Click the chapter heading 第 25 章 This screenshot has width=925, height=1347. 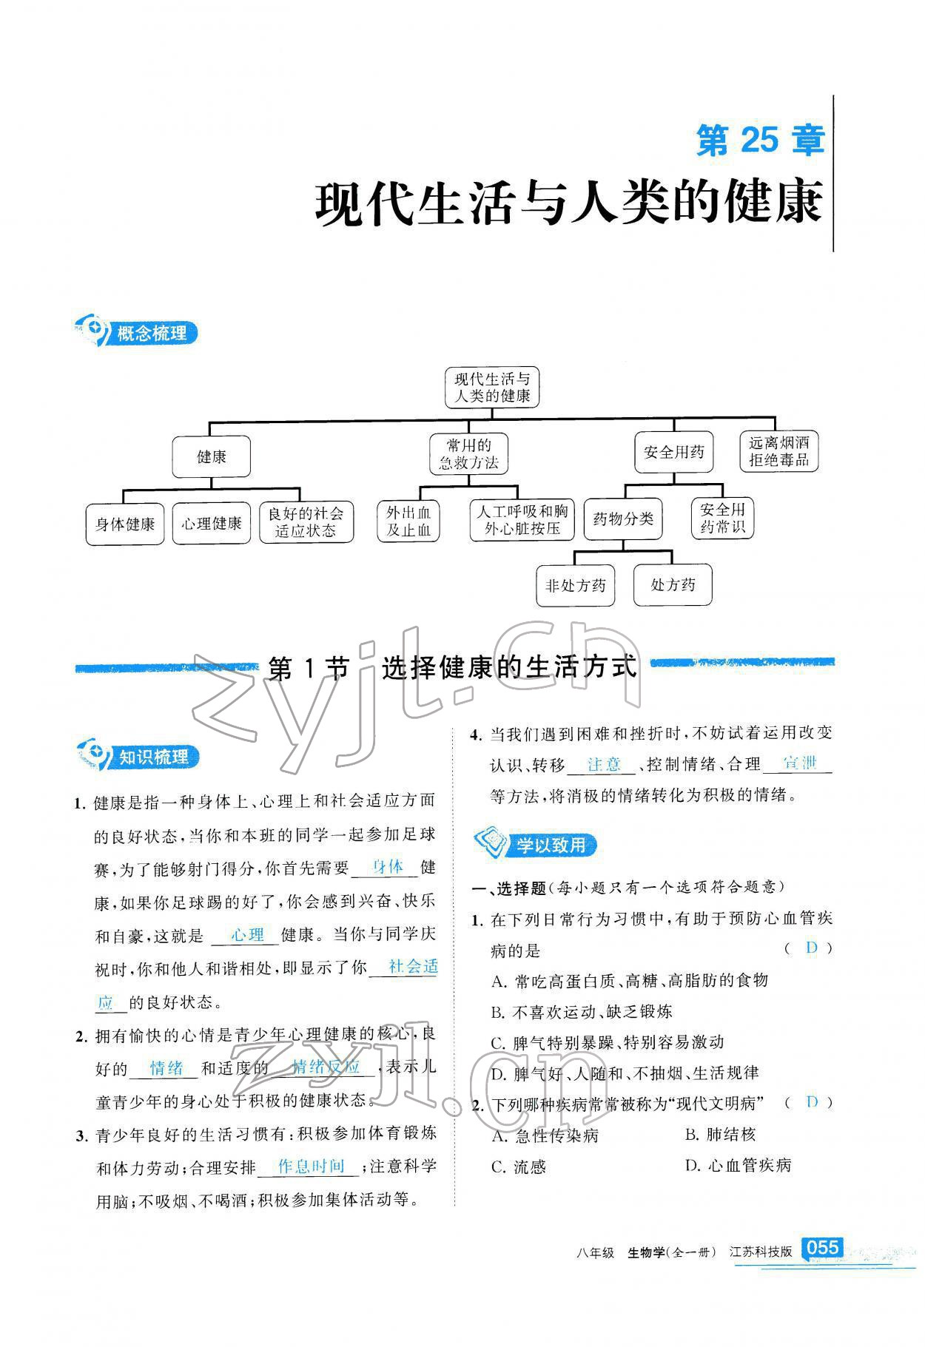760,140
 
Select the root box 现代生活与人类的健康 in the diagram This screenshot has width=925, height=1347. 492,388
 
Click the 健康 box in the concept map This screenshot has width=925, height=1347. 211,456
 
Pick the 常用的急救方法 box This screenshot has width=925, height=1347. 468,454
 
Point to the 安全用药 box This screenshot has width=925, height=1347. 673,452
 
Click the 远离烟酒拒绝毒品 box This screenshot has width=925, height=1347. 778,452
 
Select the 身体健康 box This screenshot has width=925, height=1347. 125,524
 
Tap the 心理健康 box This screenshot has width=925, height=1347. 212,524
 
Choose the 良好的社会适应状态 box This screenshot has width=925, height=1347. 306,522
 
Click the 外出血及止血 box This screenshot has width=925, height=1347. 408,521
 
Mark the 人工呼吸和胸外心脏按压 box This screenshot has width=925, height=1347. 522,519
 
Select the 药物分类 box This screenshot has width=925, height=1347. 623,519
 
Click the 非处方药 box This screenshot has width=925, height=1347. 575,586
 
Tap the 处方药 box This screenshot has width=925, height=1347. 673,585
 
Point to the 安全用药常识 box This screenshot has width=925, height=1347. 722,518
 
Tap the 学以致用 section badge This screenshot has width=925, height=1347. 537,844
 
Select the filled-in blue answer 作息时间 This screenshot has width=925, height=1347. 312,1167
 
